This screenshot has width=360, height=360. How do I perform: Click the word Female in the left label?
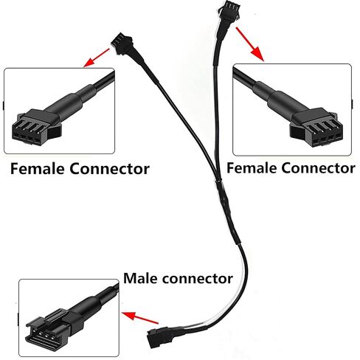[x=38, y=169]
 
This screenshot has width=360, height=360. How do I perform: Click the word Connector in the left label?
[x=109, y=169]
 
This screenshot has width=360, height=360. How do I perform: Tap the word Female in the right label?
[x=252, y=168]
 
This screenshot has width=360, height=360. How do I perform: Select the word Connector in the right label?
[x=318, y=168]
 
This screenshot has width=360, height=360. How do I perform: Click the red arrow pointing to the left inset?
[x=96, y=58]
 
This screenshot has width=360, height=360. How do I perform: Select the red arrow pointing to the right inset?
[x=250, y=44]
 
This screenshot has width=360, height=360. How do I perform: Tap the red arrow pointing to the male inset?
[x=140, y=317]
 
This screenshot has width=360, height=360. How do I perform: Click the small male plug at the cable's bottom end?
[x=157, y=336]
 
